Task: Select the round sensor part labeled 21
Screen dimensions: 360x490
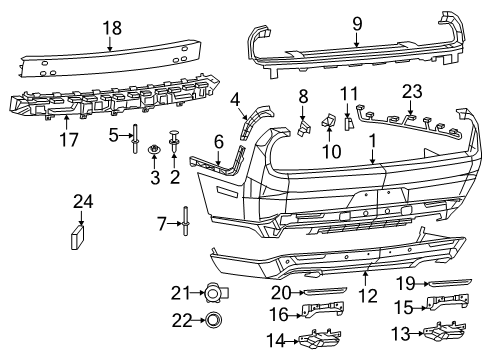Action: [x=212, y=293]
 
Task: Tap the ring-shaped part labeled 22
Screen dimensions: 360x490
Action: [x=212, y=321]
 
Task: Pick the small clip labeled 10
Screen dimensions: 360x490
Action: [x=328, y=126]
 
